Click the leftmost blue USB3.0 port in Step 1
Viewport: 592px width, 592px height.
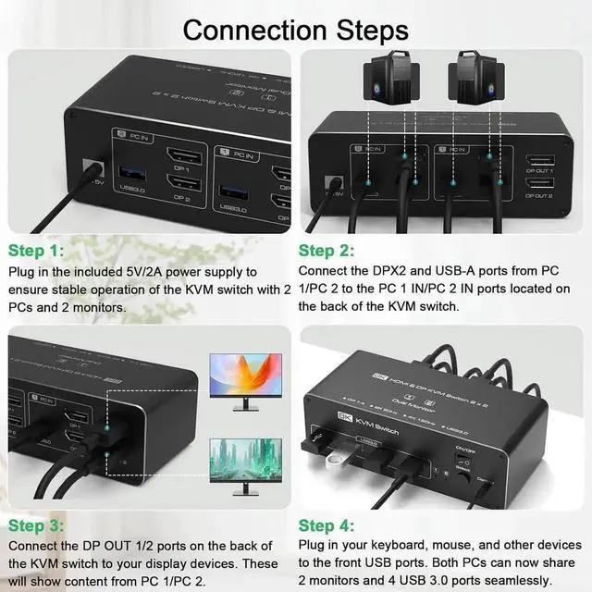[x=129, y=176]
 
